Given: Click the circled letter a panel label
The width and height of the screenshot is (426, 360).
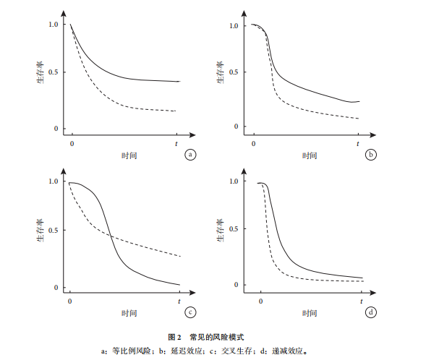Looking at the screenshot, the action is (190, 155).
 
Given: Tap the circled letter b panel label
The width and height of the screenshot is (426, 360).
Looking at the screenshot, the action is (371, 155).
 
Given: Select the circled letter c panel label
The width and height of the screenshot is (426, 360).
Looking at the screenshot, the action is (190, 312).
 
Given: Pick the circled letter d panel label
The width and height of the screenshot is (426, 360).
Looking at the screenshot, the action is (371, 312).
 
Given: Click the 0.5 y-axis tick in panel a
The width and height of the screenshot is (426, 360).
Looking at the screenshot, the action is (54, 72).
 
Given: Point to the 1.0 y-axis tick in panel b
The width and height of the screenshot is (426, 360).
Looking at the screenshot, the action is (234, 26).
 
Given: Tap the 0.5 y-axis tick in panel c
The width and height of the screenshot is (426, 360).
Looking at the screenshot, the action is (54, 230).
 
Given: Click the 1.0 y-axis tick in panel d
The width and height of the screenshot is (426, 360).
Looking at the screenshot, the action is (234, 181).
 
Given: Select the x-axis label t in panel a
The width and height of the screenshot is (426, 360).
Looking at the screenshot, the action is (176, 144).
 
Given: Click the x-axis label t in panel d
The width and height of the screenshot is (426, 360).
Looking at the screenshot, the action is (362, 301).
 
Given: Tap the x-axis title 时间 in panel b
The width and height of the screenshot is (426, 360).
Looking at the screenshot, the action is (310, 155).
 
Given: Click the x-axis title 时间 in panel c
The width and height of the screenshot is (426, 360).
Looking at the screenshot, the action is (129, 313).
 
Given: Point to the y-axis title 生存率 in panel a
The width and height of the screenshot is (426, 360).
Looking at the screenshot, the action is (41, 72).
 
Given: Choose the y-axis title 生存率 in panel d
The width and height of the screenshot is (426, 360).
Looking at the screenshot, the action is (221, 230).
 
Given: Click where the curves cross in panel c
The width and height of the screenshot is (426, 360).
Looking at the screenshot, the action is (111, 236).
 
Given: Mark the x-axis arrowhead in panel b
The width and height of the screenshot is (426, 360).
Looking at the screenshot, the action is (372, 135).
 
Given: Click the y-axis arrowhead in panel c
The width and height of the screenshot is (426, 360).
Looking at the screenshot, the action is (64, 171).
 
